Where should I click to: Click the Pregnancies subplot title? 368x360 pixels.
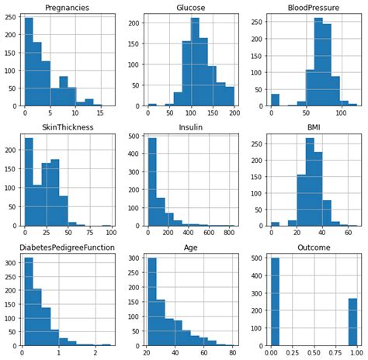[68, 8]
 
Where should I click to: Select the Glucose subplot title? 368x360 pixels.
[190, 8]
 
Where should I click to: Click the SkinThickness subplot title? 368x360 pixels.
[68, 127]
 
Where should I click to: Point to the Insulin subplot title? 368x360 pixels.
[190, 127]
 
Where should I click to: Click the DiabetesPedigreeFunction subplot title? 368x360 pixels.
[68, 247]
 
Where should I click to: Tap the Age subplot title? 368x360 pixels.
[190, 247]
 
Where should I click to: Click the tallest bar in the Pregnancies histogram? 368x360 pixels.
[29, 62]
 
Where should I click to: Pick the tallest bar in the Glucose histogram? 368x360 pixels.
[195, 62]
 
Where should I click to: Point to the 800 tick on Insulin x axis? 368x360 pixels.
[231, 233]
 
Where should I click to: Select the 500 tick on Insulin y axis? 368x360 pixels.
[137, 137]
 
